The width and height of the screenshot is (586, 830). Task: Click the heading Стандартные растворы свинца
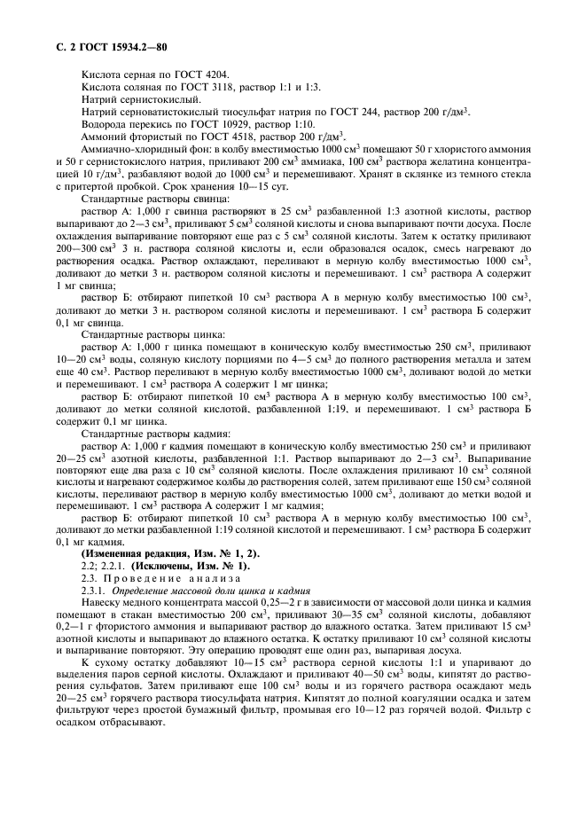tap(141, 201)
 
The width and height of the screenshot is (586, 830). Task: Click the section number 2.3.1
tap(91, 590)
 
